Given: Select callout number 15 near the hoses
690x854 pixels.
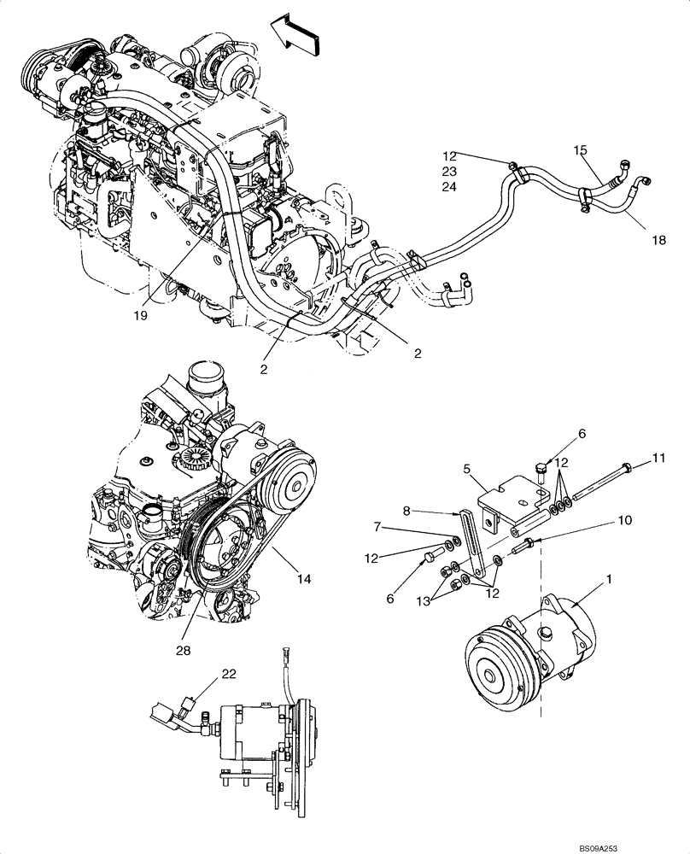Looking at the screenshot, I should pos(581,150).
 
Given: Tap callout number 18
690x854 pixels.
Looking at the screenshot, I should pos(658,240).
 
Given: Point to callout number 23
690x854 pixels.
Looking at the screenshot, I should pos(450,172).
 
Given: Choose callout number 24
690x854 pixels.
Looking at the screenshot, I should pos(450,188).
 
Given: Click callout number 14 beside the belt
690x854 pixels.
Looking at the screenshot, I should pos(305,578).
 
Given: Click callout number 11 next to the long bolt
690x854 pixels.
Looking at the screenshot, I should pos(658,459).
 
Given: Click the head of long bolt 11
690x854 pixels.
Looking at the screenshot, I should pos(628,466).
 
